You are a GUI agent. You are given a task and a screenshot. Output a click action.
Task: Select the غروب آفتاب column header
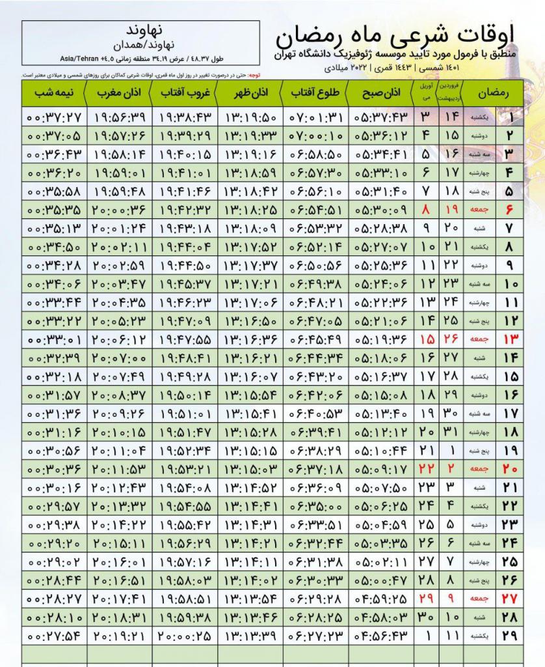coord(185,93)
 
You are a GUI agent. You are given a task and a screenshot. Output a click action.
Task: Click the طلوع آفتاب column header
coord(317,93)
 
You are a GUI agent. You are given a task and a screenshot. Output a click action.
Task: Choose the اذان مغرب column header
coord(119,93)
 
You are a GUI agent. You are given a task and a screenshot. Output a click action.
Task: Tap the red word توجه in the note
coord(249,74)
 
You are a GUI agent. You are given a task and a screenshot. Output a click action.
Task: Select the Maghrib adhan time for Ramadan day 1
coord(120,118)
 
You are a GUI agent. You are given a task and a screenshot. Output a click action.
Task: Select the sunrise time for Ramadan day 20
coord(317,468)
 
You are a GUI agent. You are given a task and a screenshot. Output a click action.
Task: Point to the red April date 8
coord(425,210)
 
